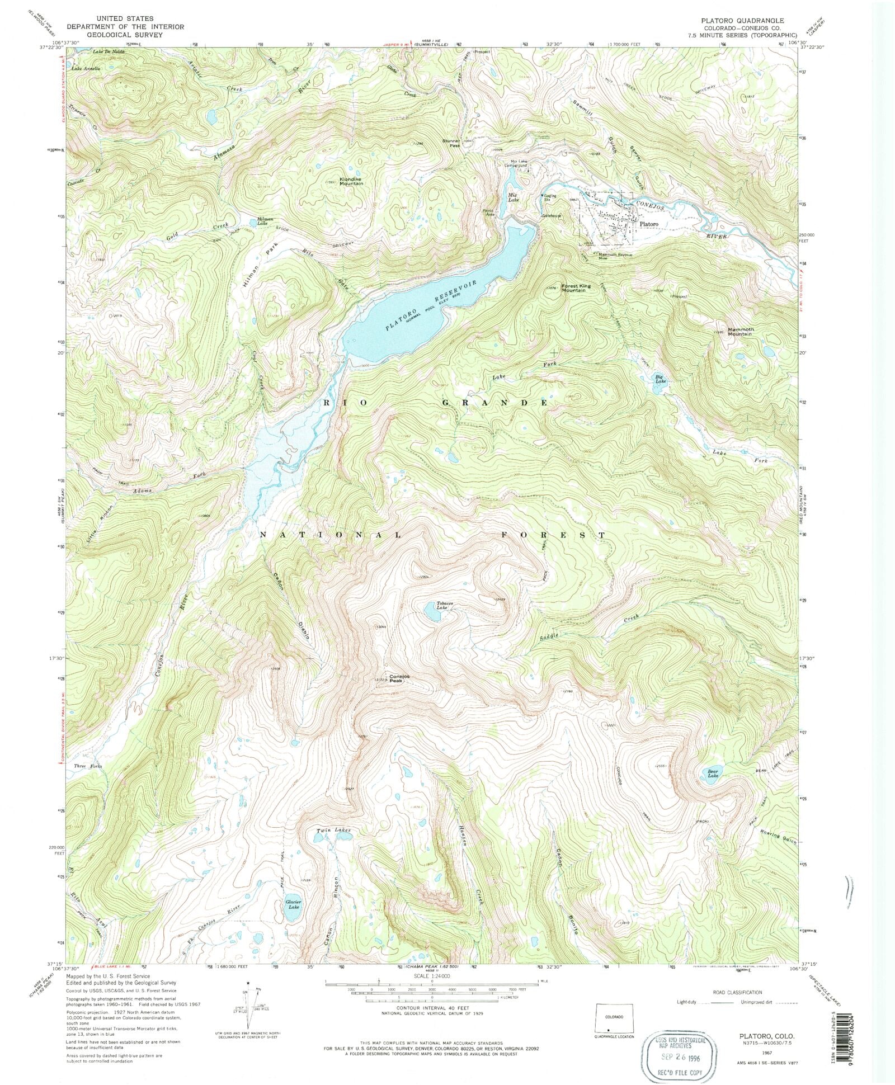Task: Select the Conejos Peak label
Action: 399,678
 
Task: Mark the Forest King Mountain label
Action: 576,288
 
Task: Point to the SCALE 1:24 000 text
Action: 431,975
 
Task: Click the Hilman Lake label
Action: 265,221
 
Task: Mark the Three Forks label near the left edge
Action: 88,766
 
